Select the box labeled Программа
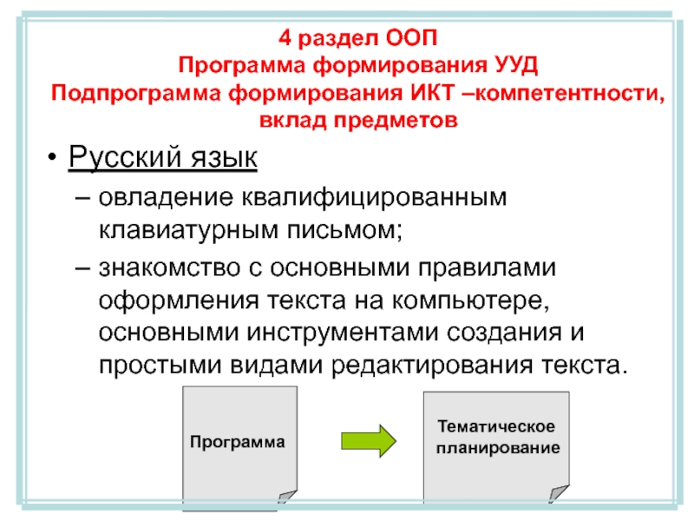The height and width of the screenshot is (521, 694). point(237,443)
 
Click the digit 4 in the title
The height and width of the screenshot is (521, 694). point(285,37)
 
